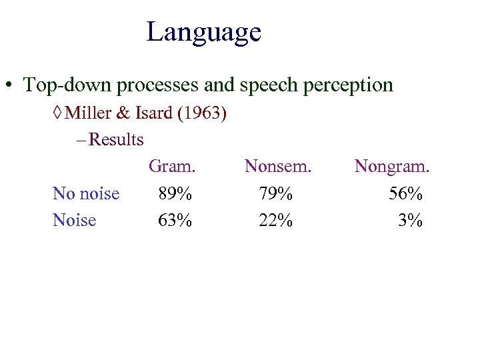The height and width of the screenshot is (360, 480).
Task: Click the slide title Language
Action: coord(203,32)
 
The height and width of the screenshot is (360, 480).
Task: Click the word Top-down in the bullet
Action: coord(61,85)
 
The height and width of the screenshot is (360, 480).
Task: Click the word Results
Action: coord(116,140)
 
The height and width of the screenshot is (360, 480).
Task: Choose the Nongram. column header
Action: coord(392,167)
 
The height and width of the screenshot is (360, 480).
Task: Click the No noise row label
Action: coord(86,194)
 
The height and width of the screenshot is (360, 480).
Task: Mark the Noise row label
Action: coord(74,221)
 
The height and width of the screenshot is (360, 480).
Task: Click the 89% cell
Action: coord(175,194)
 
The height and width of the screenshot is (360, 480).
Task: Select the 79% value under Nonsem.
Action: coord(276,194)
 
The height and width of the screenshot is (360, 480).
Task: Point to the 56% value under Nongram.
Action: coord(406,194)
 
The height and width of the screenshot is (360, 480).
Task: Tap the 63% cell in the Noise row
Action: coord(175,221)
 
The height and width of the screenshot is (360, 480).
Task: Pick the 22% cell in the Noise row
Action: coord(276,221)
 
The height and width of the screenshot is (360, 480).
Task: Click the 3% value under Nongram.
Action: coord(410,221)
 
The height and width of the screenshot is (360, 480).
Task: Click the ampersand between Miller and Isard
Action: coord(123,113)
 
